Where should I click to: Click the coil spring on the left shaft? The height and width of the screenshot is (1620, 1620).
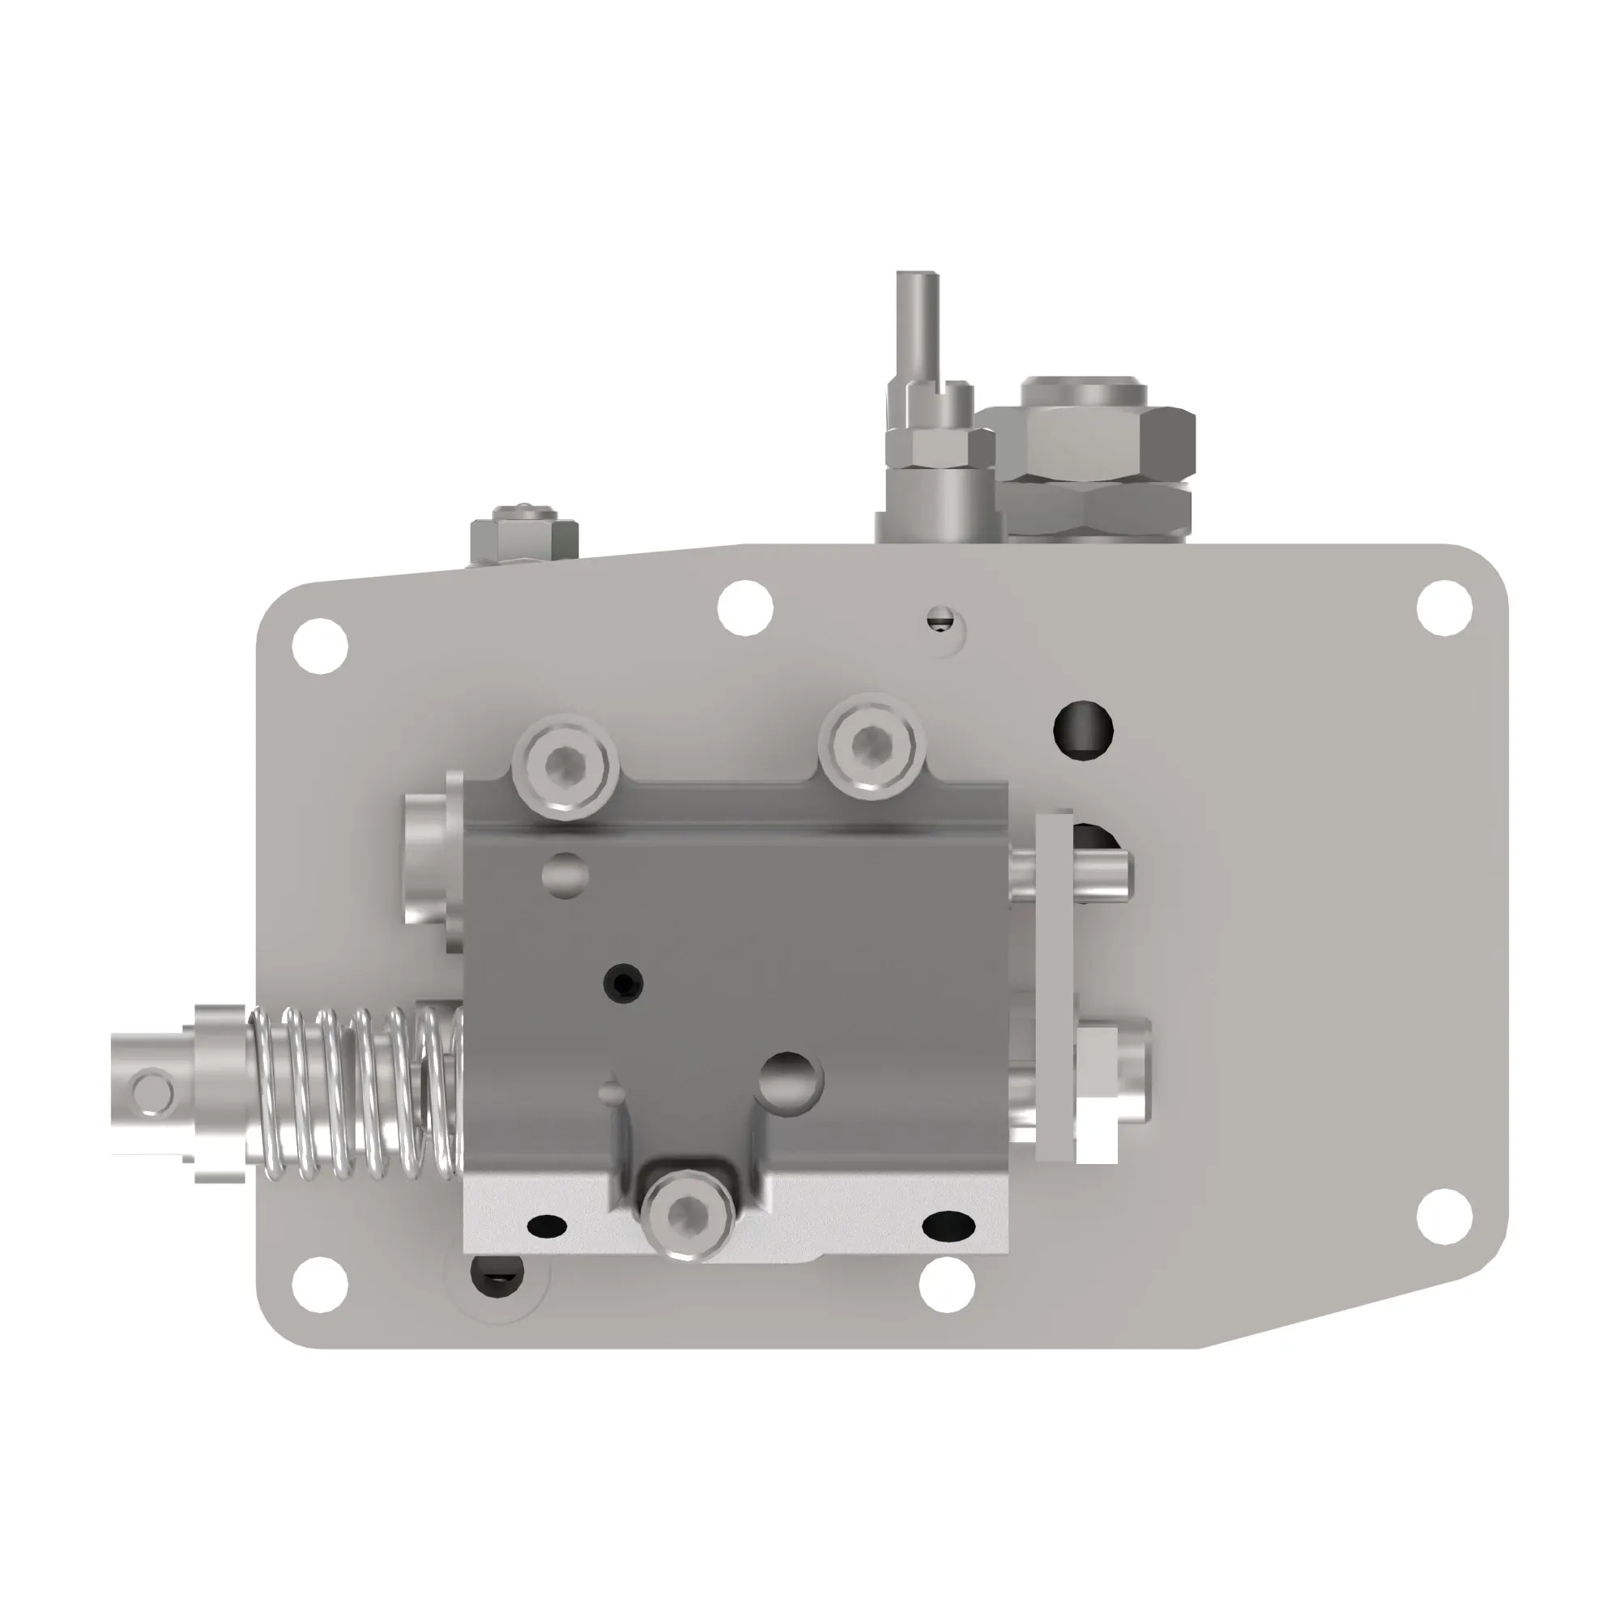pos(356,1093)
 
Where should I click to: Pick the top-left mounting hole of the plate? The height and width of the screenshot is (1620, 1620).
pos(319,646)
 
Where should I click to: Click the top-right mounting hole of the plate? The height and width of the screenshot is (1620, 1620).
pos(1444,607)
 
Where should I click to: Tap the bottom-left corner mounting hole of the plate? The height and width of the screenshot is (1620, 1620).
pos(319,1285)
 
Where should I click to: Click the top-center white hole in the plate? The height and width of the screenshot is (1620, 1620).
pos(745,607)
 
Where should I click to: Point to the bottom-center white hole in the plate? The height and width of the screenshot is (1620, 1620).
pos(947,1285)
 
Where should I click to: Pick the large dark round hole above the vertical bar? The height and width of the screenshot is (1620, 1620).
pos(1082,730)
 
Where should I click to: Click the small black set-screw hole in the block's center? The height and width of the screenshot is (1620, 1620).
pos(624,982)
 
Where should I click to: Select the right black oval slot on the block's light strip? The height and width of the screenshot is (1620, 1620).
pos(949,1226)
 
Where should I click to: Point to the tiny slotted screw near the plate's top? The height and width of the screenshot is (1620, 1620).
pos(940,620)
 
